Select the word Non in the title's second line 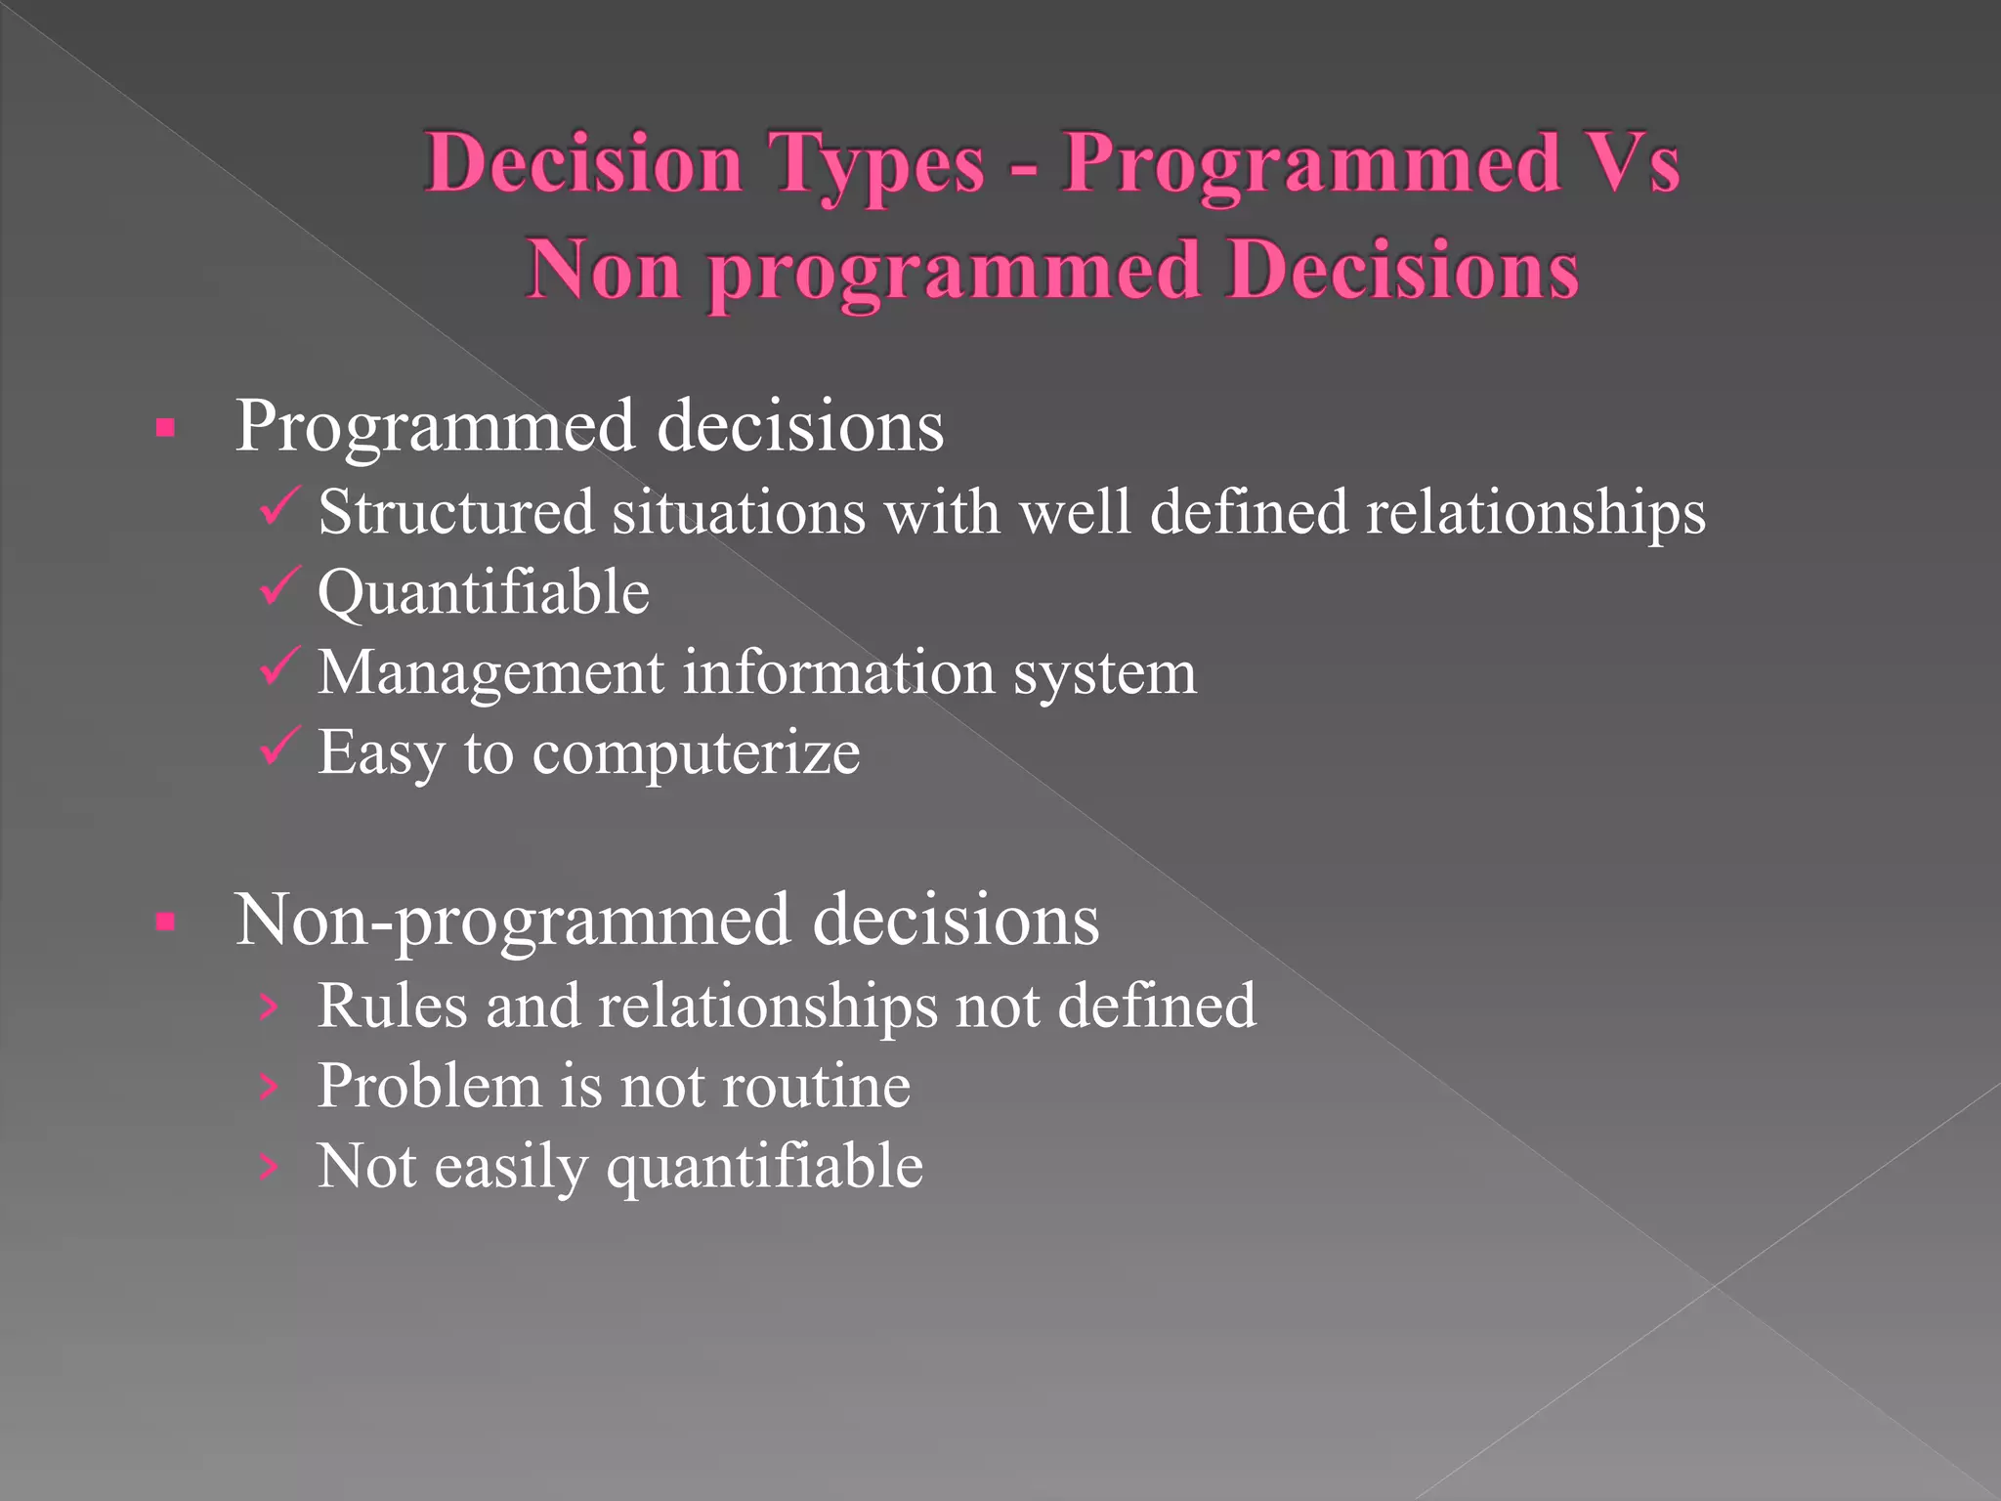(603, 270)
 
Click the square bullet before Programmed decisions (165, 428)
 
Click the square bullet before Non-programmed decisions (165, 922)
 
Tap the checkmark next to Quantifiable (279, 586)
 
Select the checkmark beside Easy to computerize (279, 747)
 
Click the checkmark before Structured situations (279, 506)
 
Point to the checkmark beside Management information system (279, 666)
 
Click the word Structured (455, 512)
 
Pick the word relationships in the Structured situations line (1535, 514)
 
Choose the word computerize (696, 754)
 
